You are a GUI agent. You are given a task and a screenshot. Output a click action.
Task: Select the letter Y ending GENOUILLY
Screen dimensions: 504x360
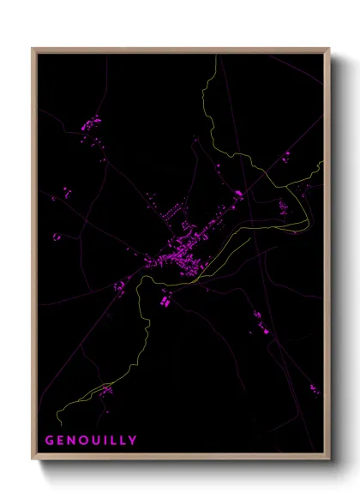pyautogui.click(x=133, y=441)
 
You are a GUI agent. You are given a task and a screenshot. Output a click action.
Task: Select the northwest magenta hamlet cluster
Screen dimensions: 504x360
pyautogui.click(x=91, y=123)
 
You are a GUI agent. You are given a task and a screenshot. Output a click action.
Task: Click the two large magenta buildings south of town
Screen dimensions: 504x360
pyautogui.click(x=165, y=300)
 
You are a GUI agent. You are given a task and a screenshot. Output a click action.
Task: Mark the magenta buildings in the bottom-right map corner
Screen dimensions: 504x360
pyautogui.click(x=314, y=390)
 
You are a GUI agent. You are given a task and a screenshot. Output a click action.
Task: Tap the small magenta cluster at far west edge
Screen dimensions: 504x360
pyautogui.click(x=57, y=237)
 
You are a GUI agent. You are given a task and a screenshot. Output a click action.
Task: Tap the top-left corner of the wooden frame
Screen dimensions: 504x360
pyautogui.click(x=33, y=49)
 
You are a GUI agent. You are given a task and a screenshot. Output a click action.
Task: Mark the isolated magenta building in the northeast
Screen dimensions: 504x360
pyautogui.click(x=286, y=155)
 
